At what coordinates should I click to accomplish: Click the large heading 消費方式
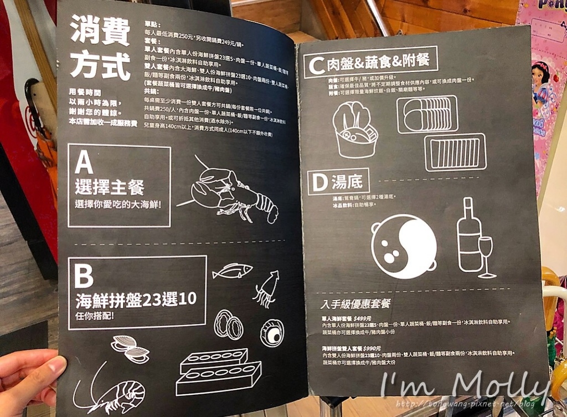coord(100,49)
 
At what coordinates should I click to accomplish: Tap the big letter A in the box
coord(84,162)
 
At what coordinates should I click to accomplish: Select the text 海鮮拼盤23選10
coord(136,299)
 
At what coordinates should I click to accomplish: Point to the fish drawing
coord(233,271)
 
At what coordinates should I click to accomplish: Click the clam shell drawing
coord(130,349)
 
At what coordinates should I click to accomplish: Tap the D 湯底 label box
coord(338,181)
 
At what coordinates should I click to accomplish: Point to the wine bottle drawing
coord(468,235)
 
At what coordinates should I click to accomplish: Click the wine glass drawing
coord(486,255)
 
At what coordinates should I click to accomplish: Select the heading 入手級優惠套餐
coord(355,304)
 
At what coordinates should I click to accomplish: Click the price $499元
coord(363,318)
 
